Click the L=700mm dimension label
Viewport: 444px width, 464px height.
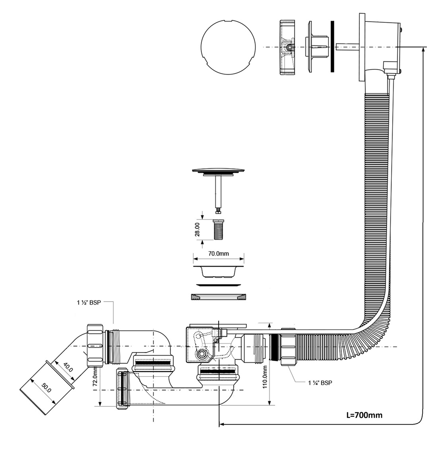[364, 415]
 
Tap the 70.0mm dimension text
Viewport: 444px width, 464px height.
[219, 254]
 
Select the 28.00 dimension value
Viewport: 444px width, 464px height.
[197, 229]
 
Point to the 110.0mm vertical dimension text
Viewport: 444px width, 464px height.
[264, 377]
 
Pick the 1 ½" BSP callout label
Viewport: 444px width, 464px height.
[89, 303]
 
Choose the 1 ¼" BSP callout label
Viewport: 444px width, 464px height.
[320, 383]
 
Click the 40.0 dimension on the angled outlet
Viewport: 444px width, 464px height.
[68, 368]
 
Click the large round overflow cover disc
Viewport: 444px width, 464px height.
[228, 47]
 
